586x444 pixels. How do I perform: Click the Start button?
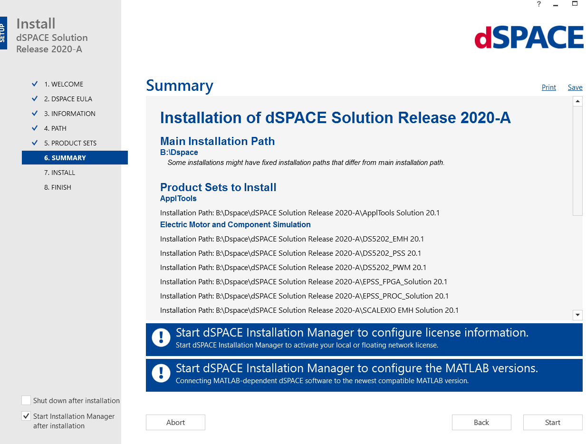click(552, 422)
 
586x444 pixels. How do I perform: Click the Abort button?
click(175, 422)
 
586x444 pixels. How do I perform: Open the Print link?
click(548, 87)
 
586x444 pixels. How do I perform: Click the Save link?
click(575, 87)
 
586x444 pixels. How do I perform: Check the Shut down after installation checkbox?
click(26, 400)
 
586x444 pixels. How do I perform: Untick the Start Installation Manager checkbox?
click(26, 416)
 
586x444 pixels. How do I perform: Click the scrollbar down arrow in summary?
click(577, 315)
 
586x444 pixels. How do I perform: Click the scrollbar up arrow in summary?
click(577, 101)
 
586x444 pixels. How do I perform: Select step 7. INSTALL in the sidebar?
click(59, 173)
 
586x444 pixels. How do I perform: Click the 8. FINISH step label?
click(58, 187)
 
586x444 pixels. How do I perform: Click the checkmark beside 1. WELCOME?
click(35, 84)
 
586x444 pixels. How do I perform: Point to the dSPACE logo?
click(528, 38)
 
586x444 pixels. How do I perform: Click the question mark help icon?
click(538, 4)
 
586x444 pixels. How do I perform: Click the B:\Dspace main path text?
click(179, 153)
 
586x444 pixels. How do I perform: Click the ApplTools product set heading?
click(178, 198)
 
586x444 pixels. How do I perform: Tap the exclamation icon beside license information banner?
click(161, 338)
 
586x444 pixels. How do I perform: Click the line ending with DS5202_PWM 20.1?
click(293, 267)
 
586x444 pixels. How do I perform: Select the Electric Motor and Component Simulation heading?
click(235, 224)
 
